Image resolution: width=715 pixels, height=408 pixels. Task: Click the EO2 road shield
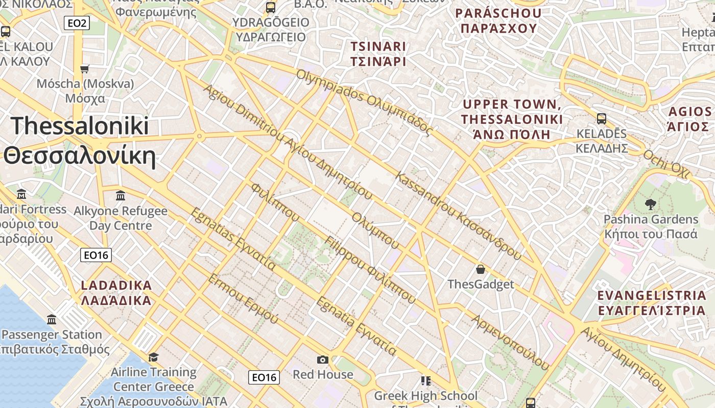pos(77,22)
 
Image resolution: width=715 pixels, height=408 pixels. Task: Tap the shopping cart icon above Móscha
pos(85,68)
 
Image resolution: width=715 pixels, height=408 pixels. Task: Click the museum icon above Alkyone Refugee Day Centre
pos(121,195)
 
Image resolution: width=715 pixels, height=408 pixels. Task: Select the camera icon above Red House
pos(322,360)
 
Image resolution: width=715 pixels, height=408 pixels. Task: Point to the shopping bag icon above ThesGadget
pos(480,269)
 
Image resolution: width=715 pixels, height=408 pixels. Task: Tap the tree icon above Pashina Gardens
pos(650,205)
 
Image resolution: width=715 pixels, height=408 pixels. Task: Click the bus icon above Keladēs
pos(602,119)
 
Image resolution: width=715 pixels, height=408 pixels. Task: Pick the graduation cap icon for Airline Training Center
pos(153,357)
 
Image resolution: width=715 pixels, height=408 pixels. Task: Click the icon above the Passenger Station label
pos(52,320)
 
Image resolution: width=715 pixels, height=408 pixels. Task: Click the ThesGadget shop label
pos(480,284)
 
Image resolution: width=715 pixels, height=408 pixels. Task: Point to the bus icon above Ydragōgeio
pos(271,8)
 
